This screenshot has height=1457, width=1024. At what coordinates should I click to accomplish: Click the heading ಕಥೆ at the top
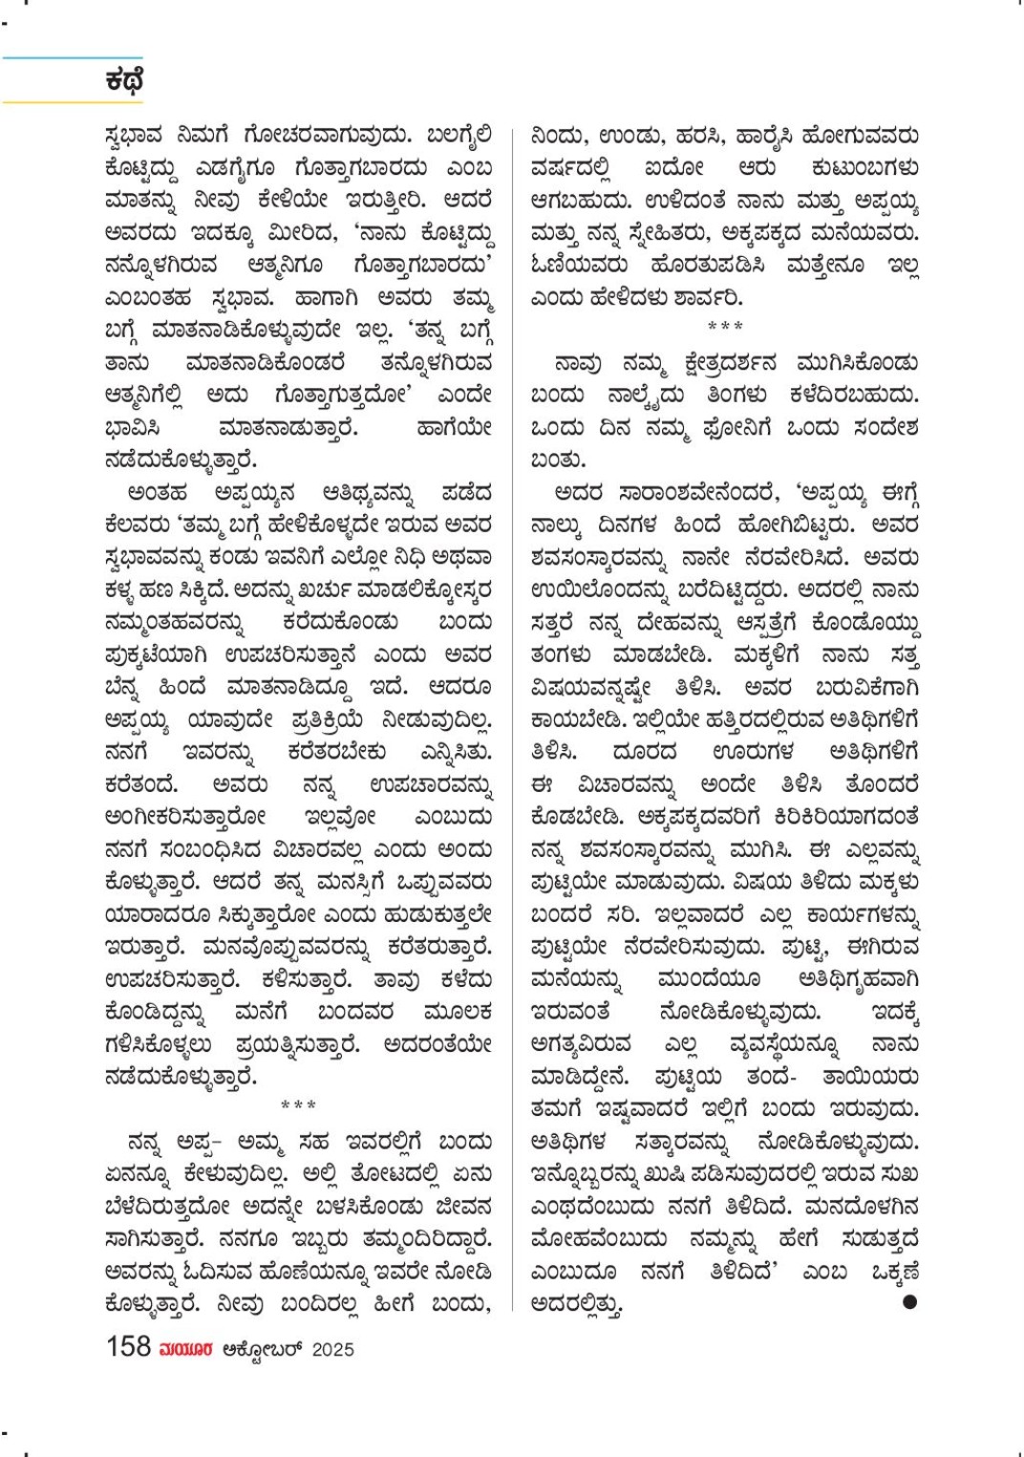[124, 80]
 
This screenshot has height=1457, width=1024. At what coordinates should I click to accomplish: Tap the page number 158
[128, 1347]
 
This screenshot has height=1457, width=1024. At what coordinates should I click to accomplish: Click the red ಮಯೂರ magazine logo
[186, 1349]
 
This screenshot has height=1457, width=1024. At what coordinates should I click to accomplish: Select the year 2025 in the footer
[332, 1349]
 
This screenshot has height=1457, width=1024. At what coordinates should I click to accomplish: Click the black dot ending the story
[909, 1301]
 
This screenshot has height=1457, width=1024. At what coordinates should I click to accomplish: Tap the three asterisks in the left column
[298, 1106]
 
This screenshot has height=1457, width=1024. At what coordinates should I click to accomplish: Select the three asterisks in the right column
[725, 327]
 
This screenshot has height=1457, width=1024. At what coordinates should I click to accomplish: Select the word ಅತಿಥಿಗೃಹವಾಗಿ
[858, 979]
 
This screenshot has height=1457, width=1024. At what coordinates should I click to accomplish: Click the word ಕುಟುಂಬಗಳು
[864, 168]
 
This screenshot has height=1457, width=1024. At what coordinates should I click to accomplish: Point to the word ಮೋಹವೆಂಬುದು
[599, 1239]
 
